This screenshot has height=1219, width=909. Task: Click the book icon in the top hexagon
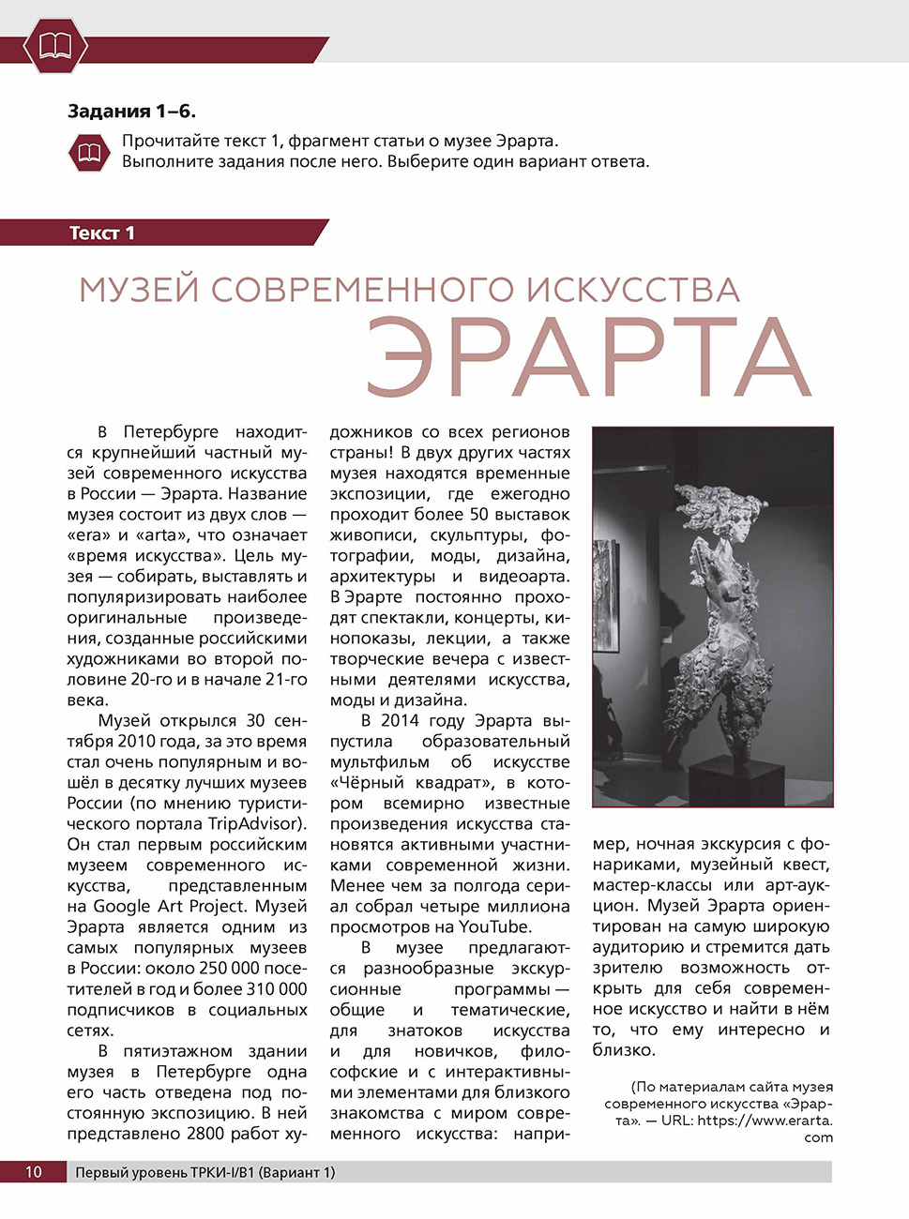(x=55, y=46)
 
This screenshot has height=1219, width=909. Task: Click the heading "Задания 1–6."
(x=131, y=112)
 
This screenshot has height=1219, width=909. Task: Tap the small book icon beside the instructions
(x=89, y=152)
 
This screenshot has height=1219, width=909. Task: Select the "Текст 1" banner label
(x=101, y=233)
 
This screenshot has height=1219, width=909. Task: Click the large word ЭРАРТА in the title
(x=588, y=356)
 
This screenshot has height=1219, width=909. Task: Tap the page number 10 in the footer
(x=33, y=1172)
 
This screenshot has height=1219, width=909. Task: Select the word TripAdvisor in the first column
(x=255, y=824)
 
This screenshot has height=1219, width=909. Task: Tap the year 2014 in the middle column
(x=401, y=721)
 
